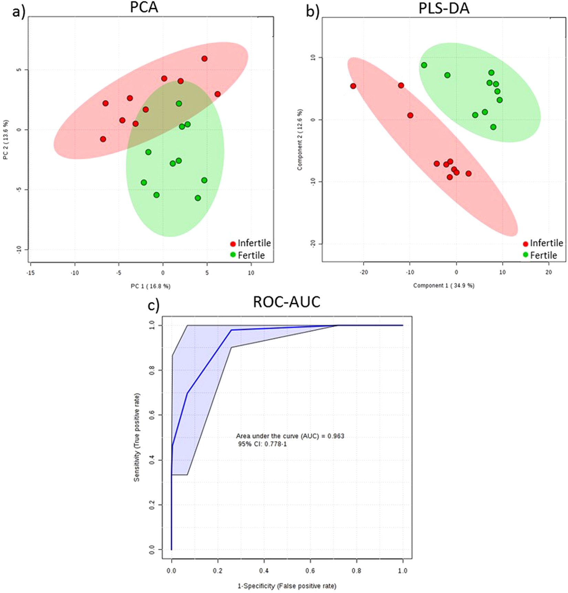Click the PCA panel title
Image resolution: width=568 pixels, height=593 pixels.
point(144,8)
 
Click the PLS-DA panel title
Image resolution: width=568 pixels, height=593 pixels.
point(444,8)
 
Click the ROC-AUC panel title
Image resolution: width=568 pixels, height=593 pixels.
point(286,302)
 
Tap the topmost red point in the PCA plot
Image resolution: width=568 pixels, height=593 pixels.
point(204,59)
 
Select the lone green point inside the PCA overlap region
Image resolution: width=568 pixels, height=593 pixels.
point(179,103)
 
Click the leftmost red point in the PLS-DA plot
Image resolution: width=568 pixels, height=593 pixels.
point(353,86)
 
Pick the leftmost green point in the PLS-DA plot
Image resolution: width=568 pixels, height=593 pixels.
point(424,65)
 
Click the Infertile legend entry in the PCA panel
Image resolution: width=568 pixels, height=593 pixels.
point(251,243)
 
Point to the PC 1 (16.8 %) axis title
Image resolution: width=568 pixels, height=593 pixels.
point(150,286)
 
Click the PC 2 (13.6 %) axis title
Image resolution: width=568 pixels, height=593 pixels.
point(6,140)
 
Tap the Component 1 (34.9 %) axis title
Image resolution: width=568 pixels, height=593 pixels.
point(444,285)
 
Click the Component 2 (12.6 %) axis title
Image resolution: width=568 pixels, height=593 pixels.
point(300,140)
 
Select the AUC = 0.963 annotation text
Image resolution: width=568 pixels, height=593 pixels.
point(290,436)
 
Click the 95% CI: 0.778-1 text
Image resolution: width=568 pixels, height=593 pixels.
point(262,444)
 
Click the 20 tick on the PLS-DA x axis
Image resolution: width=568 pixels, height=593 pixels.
point(549,272)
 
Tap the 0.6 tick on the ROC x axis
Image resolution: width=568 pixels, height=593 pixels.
point(310,571)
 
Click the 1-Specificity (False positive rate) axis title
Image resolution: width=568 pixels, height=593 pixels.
point(287,586)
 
